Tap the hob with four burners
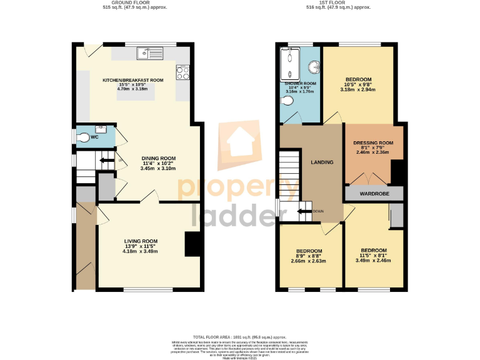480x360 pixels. click(x=183, y=72)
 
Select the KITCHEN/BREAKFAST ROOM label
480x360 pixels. click(x=133, y=80)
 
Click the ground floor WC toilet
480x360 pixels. click(x=84, y=137)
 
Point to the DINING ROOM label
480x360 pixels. click(x=158, y=158)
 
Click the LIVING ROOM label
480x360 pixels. click(x=141, y=241)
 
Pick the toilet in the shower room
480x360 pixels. click(x=289, y=114)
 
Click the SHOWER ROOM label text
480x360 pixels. click(x=301, y=83)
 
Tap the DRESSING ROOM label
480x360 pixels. click(x=373, y=142)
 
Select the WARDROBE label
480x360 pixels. click(x=374, y=194)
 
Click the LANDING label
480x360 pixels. click(x=322, y=162)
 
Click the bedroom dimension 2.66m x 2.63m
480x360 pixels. click(x=309, y=261)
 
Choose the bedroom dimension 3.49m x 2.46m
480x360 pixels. click(x=373, y=260)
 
